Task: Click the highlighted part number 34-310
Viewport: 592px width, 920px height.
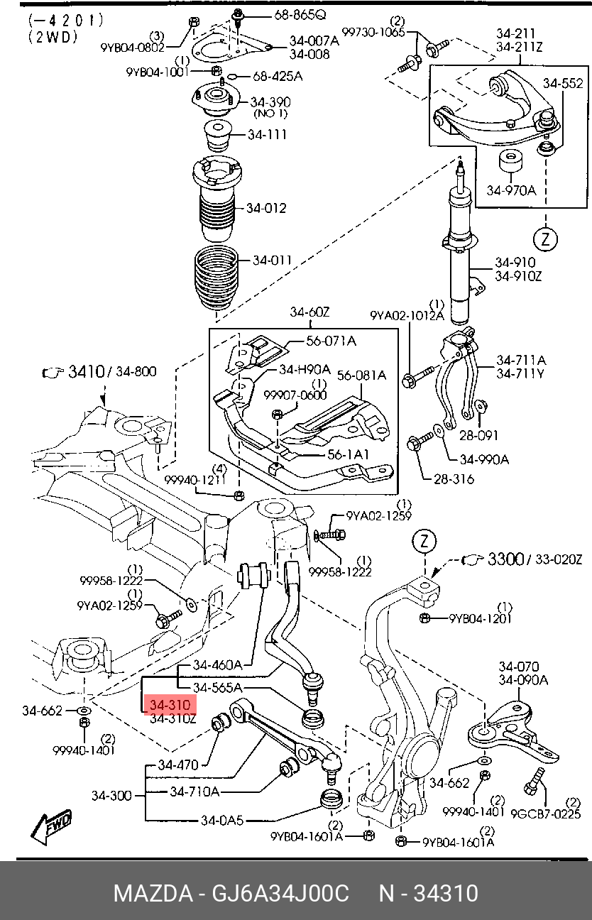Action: (x=170, y=705)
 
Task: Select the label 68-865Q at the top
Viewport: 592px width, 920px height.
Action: (x=300, y=15)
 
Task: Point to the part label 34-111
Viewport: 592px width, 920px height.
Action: (x=267, y=134)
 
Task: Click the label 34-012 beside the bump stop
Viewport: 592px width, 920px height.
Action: (x=266, y=208)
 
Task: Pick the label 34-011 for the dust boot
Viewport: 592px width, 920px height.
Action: (x=273, y=260)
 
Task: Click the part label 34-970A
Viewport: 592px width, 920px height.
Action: (x=512, y=190)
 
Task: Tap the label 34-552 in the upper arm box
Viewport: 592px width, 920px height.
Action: (x=563, y=83)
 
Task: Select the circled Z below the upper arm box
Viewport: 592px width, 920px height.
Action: (x=546, y=239)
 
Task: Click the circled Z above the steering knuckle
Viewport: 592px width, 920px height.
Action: (x=424, y=542)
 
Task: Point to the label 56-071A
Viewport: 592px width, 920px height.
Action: (x=331, y=341)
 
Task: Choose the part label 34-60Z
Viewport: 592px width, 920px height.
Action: (x=309, y=312)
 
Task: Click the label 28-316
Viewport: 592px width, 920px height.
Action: (x=454, y=479)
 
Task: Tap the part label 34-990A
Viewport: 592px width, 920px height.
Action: (x=484, y=459)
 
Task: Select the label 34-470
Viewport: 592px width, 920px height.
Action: (x=178, y=765)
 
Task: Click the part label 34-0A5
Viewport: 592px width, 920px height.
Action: (x=222, y=820)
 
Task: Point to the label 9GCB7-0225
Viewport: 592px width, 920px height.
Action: (x=546, y=814)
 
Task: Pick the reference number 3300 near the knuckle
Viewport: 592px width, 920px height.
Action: (x=505, y=559)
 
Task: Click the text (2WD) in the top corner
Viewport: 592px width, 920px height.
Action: (x=53, y=37)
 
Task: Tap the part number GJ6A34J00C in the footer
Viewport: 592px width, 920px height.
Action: (x=280, y=893)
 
